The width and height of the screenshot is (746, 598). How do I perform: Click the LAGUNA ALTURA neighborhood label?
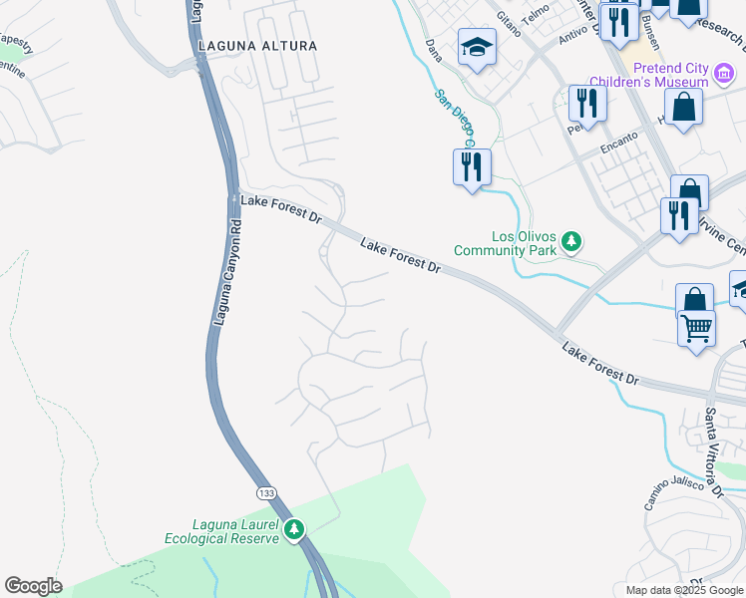point(257,46)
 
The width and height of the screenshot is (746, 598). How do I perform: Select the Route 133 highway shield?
point(266,493)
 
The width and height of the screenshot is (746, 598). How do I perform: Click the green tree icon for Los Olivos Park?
point(571,241)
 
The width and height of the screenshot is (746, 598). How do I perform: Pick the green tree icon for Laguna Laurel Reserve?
point(293,529)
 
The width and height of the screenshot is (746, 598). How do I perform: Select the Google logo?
point(33,586)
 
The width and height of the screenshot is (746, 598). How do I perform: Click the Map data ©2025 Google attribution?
point(684,590)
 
